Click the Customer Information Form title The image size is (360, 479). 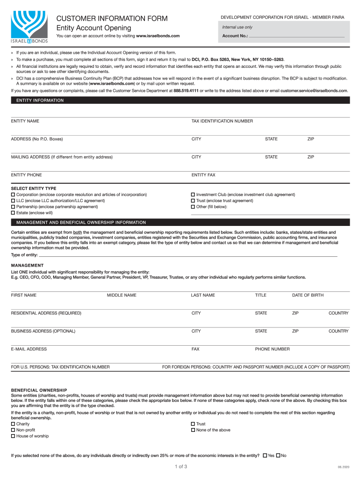(x=112, y=18)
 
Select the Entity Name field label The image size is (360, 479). (x=25, y=121)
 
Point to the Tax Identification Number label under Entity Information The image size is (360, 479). (x=222, y=121)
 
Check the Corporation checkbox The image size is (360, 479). (x=13, y=195)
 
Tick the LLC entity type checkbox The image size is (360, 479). (x=13, y=201)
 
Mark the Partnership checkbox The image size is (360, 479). (x=13, y=206)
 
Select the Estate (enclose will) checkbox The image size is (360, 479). (x=13, y=212)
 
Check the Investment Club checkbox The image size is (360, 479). (x=193, y=195)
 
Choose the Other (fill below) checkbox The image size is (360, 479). (x=193, y=206)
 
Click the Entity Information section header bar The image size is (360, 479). (x=180, y=100)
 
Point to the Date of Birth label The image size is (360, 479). (x=308, y=295)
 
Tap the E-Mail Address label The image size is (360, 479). (x=29, y=349)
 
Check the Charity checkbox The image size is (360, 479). (x=13, y=424)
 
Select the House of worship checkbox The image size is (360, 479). (x=13, y=436)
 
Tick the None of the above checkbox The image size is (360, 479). (x=193, y=430)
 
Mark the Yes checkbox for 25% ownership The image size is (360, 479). (x=265, y=455)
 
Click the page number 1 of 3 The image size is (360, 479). (x=180, y=466)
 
